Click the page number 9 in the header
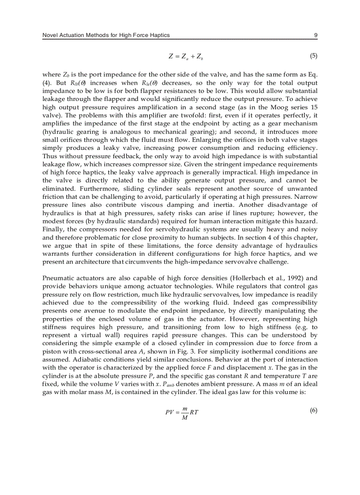[315, 35]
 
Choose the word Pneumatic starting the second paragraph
[56, 278]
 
